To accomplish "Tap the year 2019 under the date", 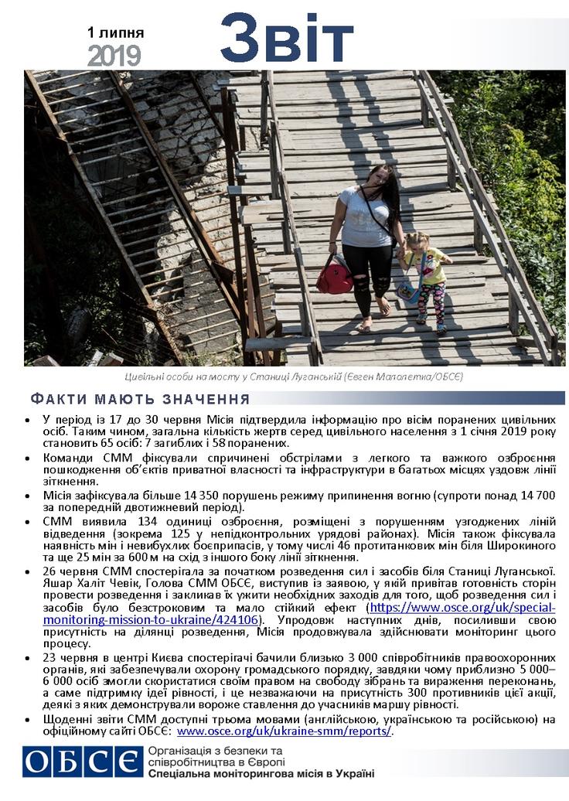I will pyautogui.click(x=114, y=56).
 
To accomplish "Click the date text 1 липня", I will pyautogui.click(x=115, y=33).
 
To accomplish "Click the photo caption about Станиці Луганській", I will pyautogui.click(x=293, y=377).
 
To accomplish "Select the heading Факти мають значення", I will pyautogui.click(x=140, y=400).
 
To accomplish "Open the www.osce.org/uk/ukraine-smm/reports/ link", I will pyautogui.click(x=284, y=731).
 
